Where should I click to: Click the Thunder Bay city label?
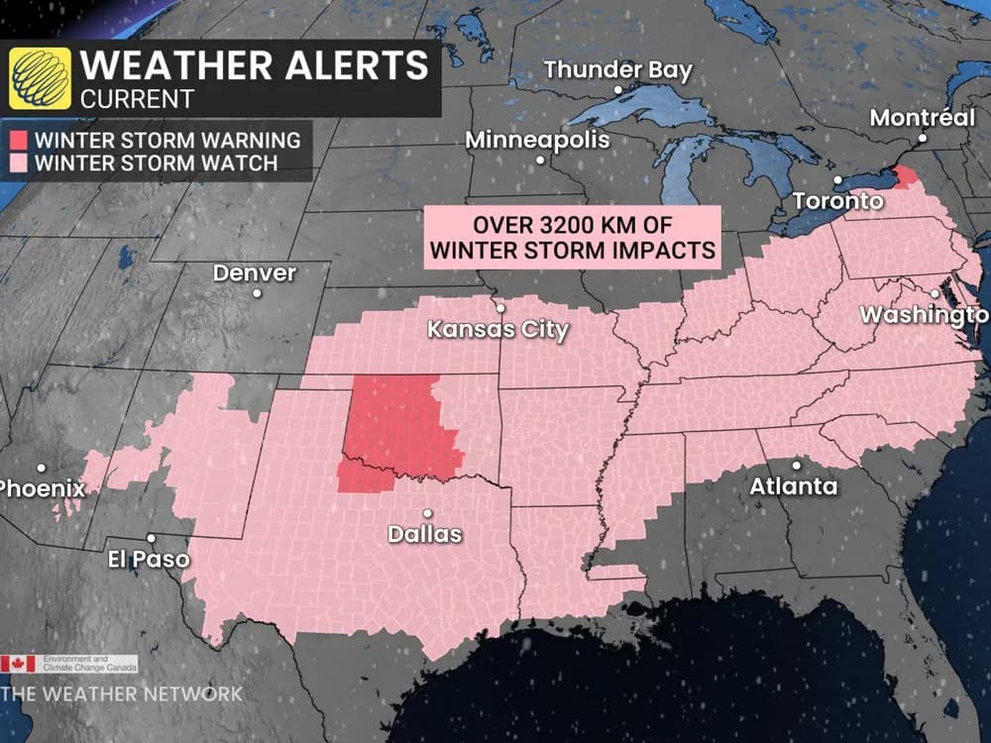(x=617, y=70)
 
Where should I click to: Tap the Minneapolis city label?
(x=538, y=140)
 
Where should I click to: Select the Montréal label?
(x=922, y=118)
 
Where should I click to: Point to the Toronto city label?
(x=837, y=201)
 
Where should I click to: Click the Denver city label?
(x=254, y=272)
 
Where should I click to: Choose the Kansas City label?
(x=497, y=329)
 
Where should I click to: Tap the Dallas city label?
(x=424, y=534)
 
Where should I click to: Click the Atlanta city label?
(x=793, y=486)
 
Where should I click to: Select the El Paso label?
(x=148, y=559)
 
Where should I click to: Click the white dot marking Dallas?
(x=427, y=513)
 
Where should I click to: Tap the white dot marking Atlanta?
(x=796, y=465)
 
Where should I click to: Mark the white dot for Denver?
(x=257, y=293)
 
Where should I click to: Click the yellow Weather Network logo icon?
(x=40, y=78)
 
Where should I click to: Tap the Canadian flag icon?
(x=18, y=664)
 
